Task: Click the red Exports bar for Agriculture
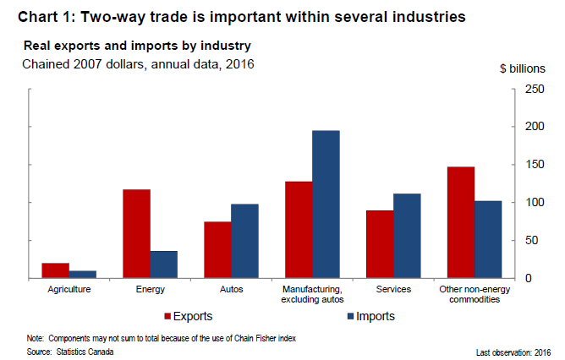click(56, 270)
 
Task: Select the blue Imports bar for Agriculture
click(83, 275)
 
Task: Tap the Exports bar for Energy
click(136, 233)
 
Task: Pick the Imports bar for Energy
click(164, 265)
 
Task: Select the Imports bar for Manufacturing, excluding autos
click(326, 205)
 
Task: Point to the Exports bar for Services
click(380, 244)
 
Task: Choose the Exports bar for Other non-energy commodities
click(461, 222)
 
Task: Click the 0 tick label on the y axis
click(529, 279)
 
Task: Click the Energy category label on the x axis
click(151, 289)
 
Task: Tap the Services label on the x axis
click(394, 289)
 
